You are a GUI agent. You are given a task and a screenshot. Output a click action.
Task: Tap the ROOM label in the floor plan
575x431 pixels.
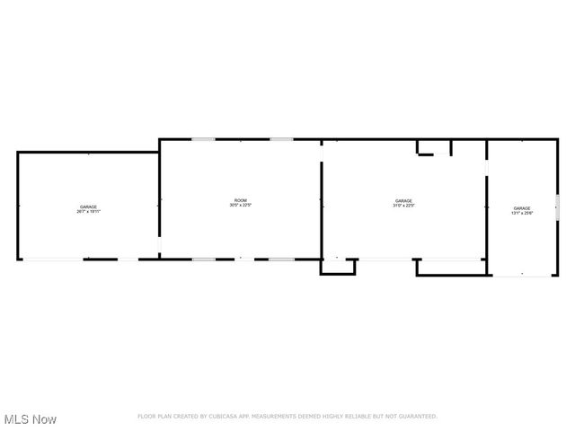point(240,200)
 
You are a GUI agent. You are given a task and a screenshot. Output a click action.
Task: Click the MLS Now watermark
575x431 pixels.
point(31,419)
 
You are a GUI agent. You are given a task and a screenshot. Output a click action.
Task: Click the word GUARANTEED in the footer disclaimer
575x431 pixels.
point(416,417)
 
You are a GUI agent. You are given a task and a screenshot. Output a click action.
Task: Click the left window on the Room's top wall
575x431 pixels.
point(203,139)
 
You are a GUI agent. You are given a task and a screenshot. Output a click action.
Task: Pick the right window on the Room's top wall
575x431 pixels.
point(281,139)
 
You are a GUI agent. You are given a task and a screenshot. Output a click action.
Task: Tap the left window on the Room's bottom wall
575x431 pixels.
point(203,259)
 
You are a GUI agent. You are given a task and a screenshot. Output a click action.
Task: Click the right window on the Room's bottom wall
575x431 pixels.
point(281,259)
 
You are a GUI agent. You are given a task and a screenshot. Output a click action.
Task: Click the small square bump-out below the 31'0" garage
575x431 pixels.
point(339,267)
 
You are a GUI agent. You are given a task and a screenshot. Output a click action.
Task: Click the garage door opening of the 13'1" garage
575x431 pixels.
point(522,276)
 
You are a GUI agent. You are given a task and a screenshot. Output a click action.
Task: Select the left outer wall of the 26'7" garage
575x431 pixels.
point(18,207)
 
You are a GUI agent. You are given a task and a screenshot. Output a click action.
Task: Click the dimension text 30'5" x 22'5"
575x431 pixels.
point(240,206)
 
